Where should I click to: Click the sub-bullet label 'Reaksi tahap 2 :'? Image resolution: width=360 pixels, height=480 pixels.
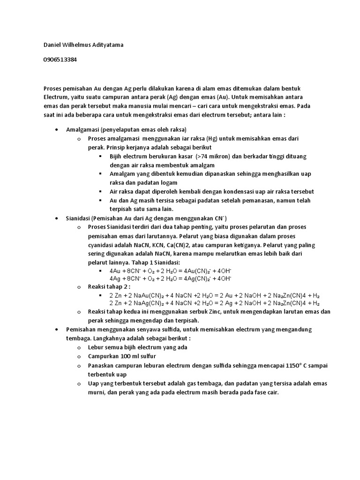coord(109,287)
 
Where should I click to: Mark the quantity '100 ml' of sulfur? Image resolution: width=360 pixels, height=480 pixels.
coord(128,356)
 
